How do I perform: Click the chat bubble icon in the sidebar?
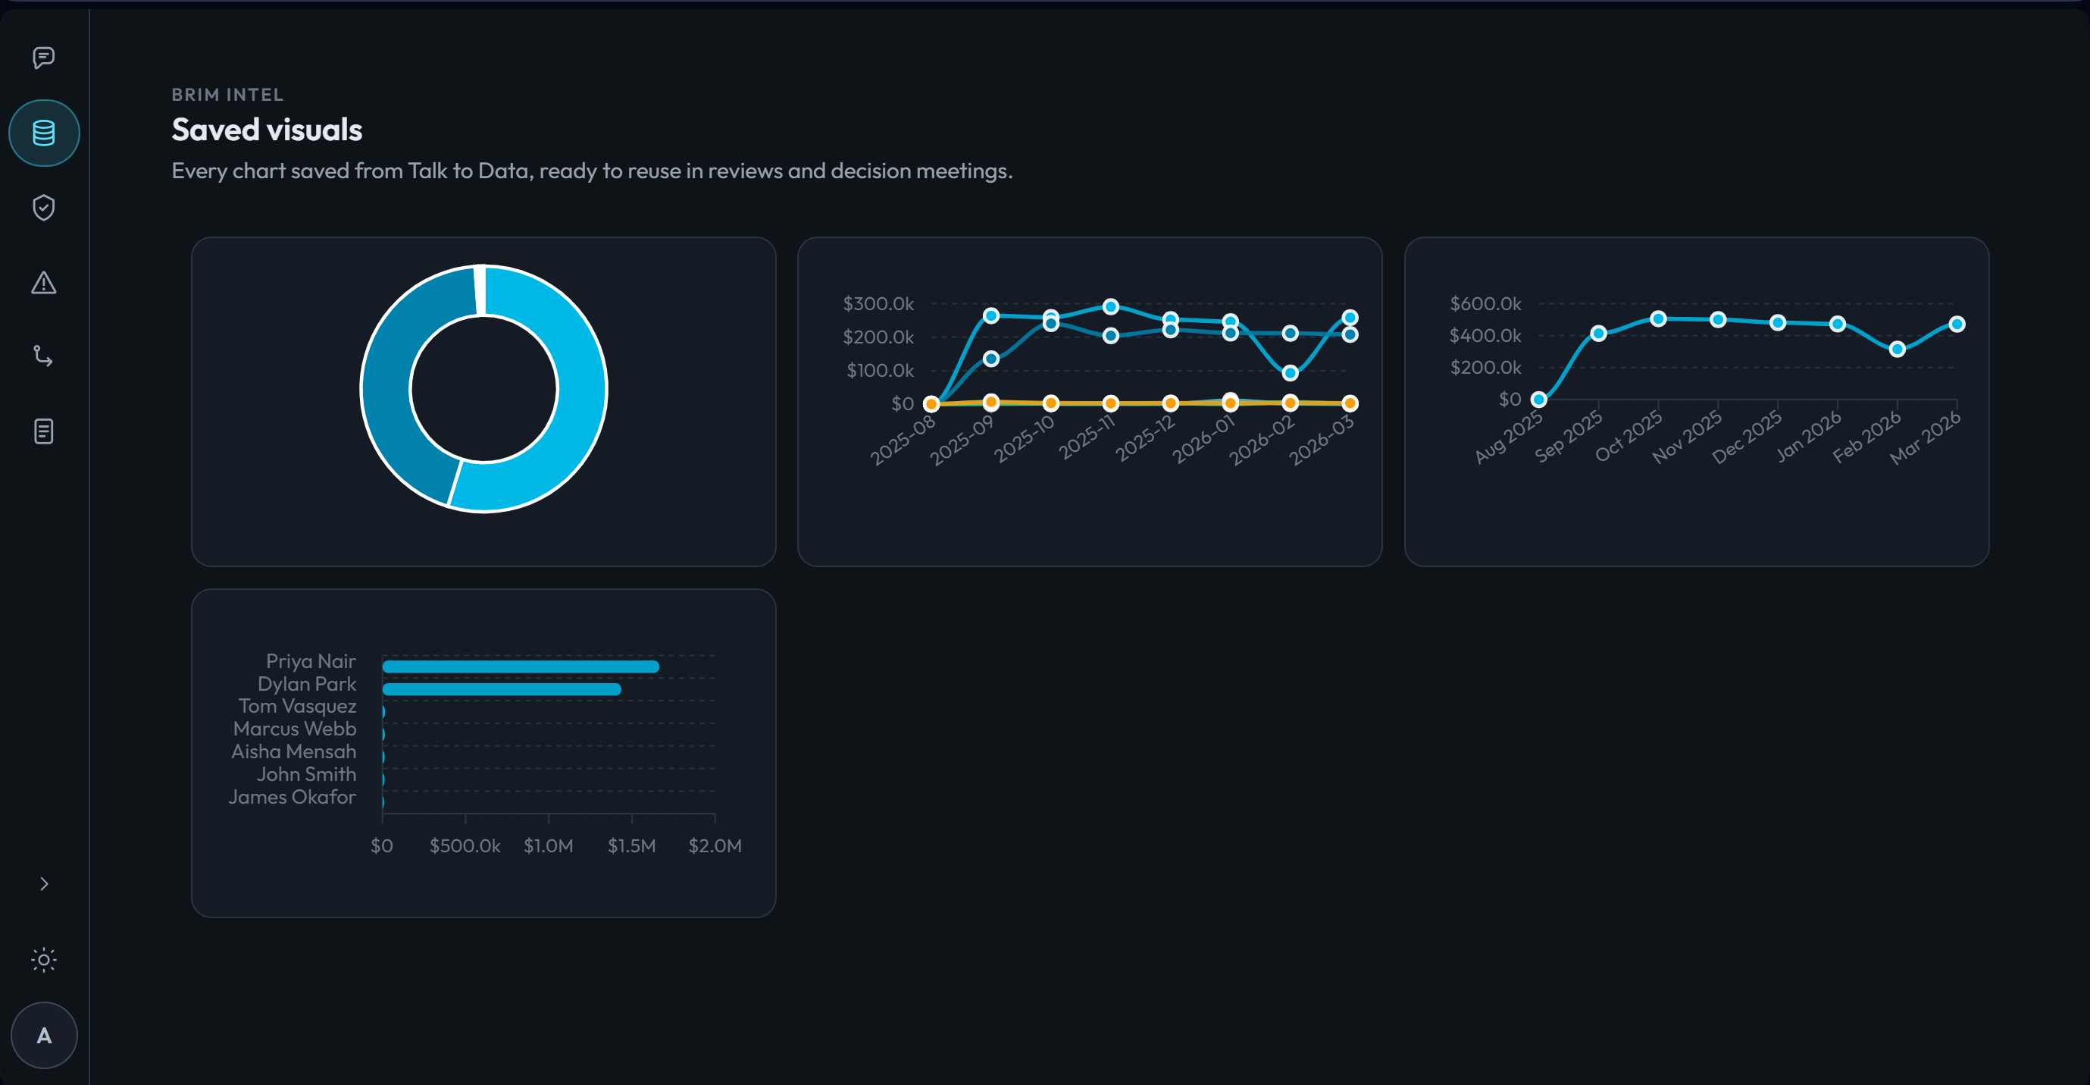tap(44, 58)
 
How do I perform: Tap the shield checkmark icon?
tap(44, 208)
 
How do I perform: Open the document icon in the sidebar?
tap(44, 431)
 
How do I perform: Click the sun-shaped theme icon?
tap(44, 960)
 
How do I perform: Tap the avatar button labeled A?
tap(44, 1036)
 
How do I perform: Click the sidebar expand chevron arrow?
tap(44, 884)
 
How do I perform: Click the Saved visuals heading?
tap(267, 130)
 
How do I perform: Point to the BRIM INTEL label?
tap(227, 95)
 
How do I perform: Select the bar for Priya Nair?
tap(520, 667)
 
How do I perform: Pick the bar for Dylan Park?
tap(502, 690)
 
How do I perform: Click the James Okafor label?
tap(292, 797)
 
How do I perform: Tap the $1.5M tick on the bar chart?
tap(631, 845)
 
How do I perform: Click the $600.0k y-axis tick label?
tap(1485, 303)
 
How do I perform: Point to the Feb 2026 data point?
tap(1897, 349)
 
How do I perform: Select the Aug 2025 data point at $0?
tap(1538, 400)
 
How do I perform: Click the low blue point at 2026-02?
tap(1290, 373)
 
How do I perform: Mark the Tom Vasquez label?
tap(297, 706)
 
